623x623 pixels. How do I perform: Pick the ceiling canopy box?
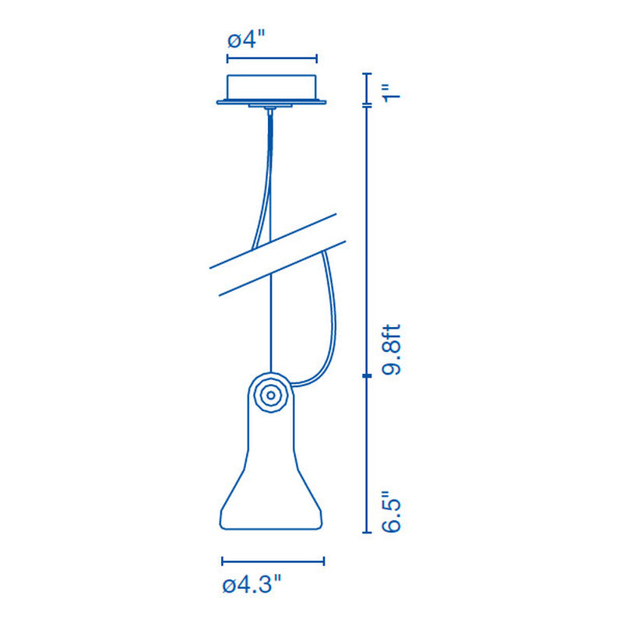(272, 86)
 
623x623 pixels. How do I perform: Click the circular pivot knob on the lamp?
(270, 394)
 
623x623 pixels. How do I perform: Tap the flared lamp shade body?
(270, 483)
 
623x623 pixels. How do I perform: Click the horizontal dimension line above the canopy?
(272, 58)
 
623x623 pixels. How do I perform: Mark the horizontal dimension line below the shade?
(273, 561)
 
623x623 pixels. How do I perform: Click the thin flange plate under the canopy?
(272, 101)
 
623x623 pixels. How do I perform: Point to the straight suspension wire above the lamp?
(270, 327)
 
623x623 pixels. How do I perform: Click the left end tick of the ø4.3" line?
(223, 561)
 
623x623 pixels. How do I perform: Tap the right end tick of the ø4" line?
(317, 58)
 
